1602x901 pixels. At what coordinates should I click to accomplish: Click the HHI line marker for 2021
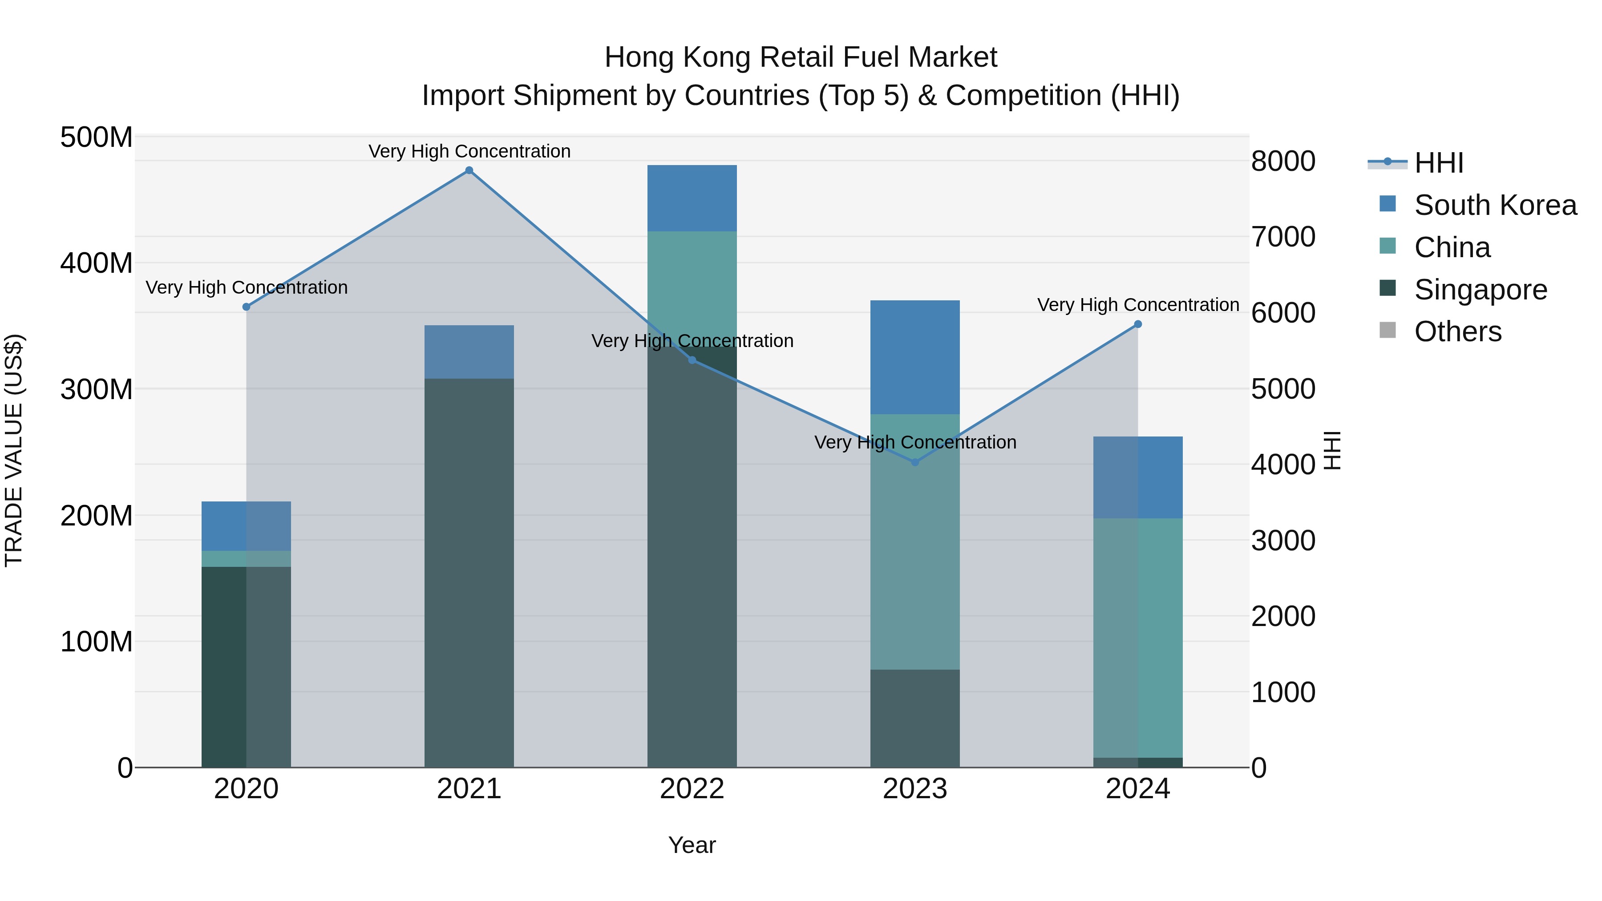469,170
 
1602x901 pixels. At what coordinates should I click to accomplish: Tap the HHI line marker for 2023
915,462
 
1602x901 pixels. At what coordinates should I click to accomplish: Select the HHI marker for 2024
1137,324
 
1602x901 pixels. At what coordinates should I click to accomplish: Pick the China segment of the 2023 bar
915,541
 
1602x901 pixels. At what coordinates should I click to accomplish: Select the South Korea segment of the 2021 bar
469,352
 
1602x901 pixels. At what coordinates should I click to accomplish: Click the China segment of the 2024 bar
1137,637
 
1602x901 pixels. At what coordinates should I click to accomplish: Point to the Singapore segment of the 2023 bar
915,718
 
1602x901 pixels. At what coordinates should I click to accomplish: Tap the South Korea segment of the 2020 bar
246,525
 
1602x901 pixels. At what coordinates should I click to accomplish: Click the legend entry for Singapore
1480,290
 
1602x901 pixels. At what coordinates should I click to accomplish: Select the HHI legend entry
1438,163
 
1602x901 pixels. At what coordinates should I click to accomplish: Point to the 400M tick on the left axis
97,263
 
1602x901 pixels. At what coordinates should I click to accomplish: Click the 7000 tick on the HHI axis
1283,237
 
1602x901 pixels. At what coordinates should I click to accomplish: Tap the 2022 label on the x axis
692,789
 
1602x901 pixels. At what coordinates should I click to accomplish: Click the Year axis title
692,845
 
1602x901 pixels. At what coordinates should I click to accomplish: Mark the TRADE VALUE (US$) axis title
14,451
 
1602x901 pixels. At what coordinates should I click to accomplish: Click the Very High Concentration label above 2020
246,287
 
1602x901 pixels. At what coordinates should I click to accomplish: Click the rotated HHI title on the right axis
1331,451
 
